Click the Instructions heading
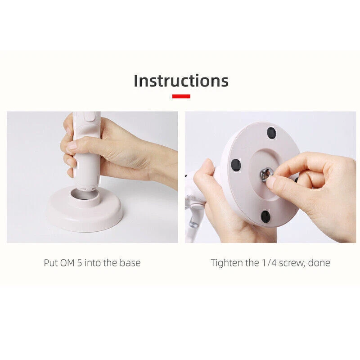pyautogui.click(x=181, y=81)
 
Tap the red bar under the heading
pyautogui.click(x=181, y=96)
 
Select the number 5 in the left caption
pyautogui.click(x=80, y=263)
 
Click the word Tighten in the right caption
pyautogui.click(x=227, y=263)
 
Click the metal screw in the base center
pyautogui.click(x=266, y=174)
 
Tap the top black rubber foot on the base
pyautogui.click(x=271, y=133)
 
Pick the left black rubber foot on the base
pyautogui.click(x=236, y=165)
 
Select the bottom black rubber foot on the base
pyautogui.click(x=265, y=216)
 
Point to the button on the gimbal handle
pyautogui.click(x=90, y=117)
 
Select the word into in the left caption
pyautogui.click(x=93, y=263)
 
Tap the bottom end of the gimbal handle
pyautogui.click(x=86, y=189)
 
